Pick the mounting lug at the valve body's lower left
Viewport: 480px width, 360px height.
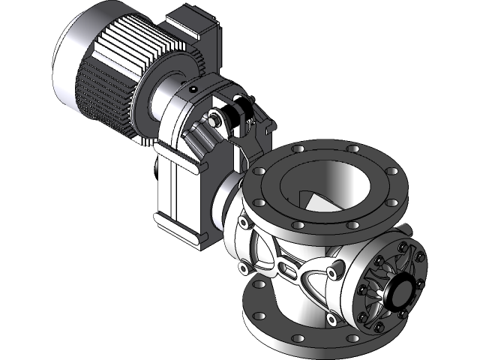[x=243, y=267]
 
